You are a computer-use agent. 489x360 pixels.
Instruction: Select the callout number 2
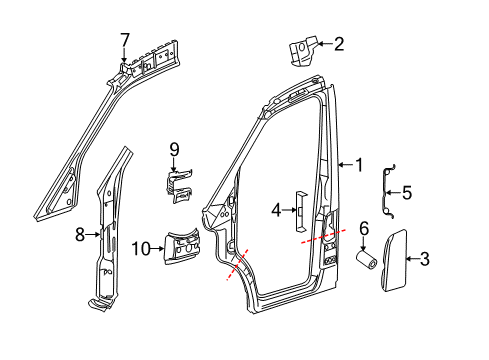(339, 43)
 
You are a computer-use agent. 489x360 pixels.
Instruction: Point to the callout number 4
(275, 211)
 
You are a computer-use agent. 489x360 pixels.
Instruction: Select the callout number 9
(172, 150)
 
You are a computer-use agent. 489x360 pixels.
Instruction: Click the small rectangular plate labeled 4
(297, 204)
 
